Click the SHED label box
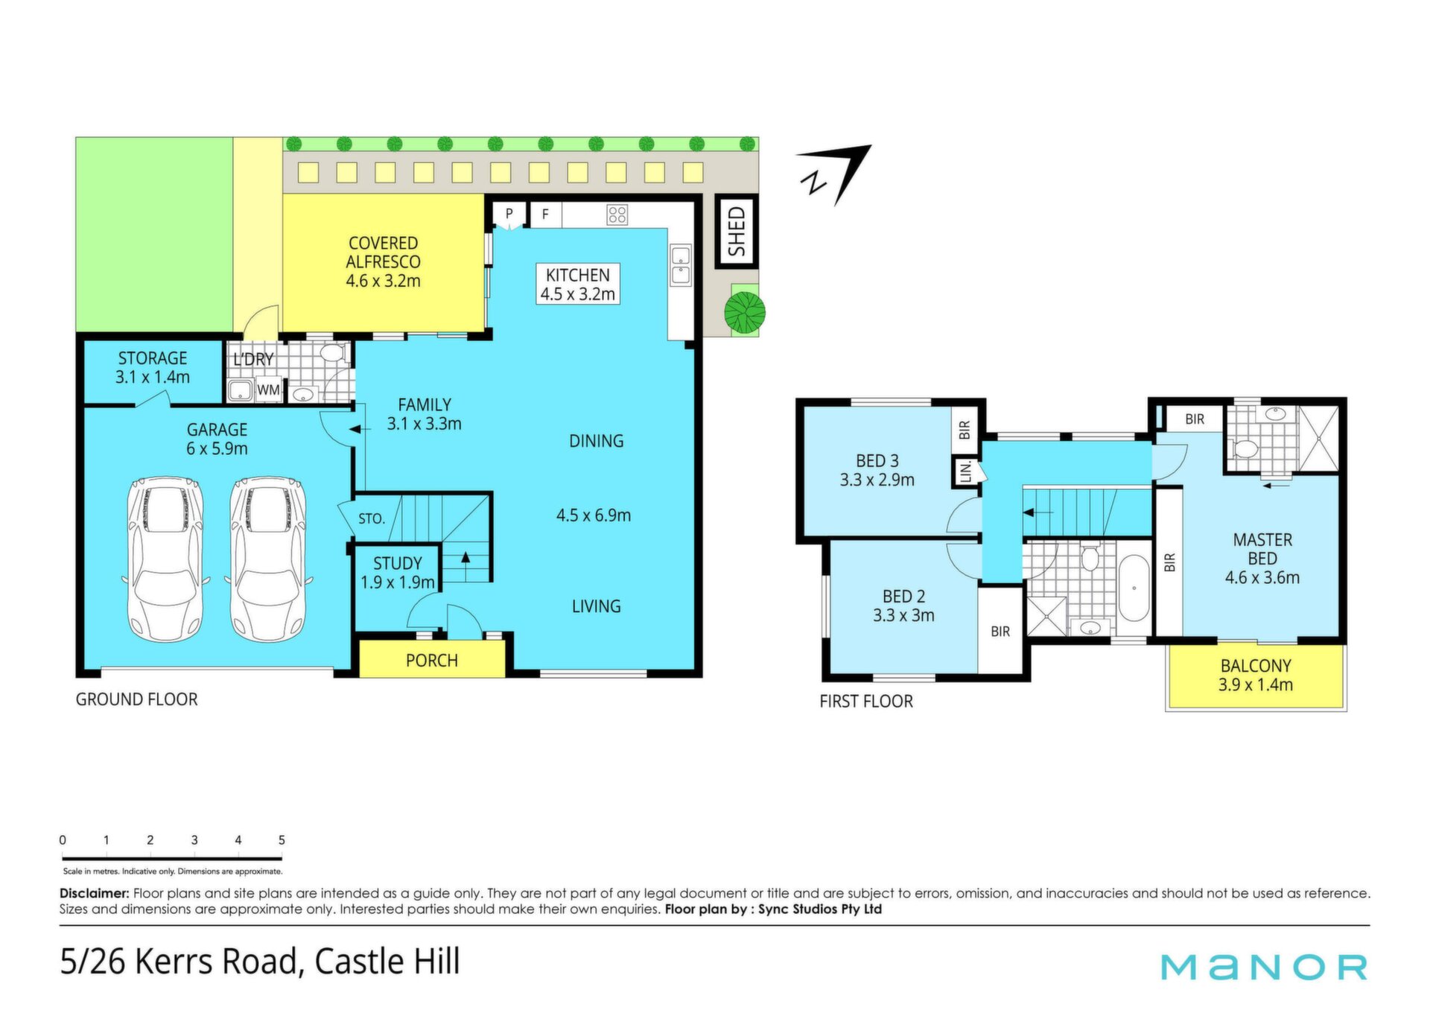(737, 231)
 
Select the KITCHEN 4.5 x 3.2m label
(578, 285)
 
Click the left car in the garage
(165, 559)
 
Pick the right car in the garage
(267, 559)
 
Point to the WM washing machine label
(268, 390)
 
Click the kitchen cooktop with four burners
(617, 215)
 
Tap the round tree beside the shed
(745, 312)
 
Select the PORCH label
(432, 661)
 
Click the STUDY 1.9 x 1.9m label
(398, 573)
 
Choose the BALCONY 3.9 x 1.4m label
(1256, 676)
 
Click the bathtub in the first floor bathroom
(1134, 588)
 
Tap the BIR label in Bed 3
(965, 430)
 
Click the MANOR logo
(1265, 967)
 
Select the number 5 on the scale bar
(282, 840)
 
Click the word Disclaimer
(95, 893)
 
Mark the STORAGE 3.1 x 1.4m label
(153, 368)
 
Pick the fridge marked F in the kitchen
(545, 215)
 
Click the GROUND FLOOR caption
(137, 699)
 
